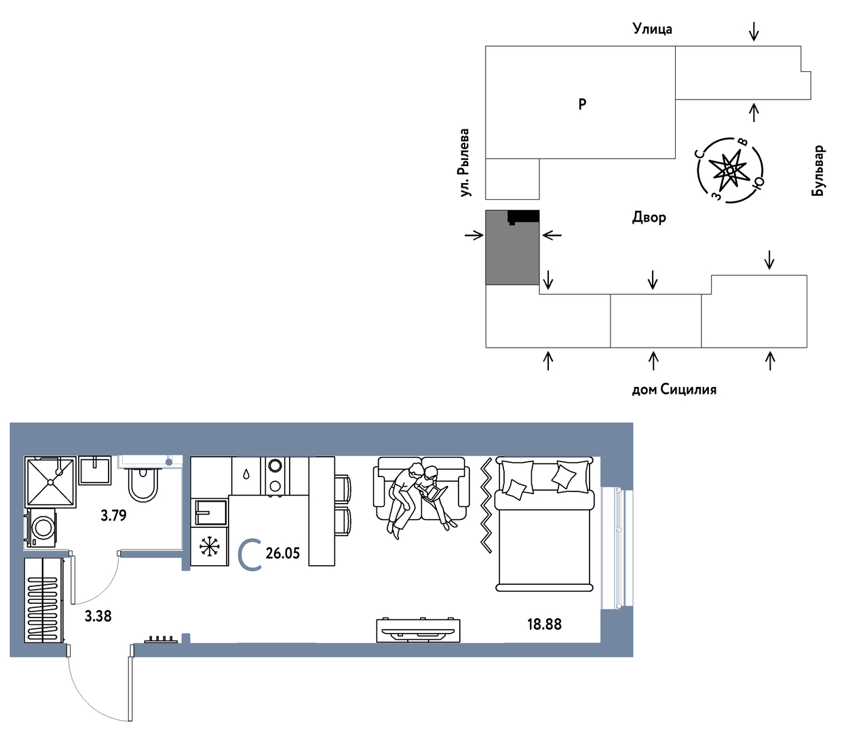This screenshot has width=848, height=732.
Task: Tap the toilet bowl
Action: (x=142, y=485)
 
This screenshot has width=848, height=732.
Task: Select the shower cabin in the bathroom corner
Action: (x=50, y=482)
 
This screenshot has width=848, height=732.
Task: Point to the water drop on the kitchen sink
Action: (x=246, y=474)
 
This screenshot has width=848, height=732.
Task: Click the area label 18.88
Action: (x=544, y=624)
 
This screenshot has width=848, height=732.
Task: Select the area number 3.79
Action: (x=114, y=515)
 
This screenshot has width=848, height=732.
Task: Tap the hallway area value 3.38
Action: (x=98, y=616)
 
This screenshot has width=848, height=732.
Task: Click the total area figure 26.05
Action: (x=283, y=553)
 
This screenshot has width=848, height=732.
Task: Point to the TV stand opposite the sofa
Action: (x=418, y=630)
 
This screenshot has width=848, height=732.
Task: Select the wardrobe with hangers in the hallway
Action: (x=44, y=601)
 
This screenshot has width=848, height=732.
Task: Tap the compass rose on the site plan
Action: (x=729, y=170)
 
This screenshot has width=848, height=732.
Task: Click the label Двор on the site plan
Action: (x=649, y=217)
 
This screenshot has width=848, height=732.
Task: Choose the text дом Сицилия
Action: (x=674, y=389)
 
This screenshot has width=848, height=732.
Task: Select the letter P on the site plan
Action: (x=582, y=104)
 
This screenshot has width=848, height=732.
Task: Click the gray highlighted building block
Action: (x=512, y=247)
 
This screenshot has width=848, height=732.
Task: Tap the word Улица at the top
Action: (x=653, y=29)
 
